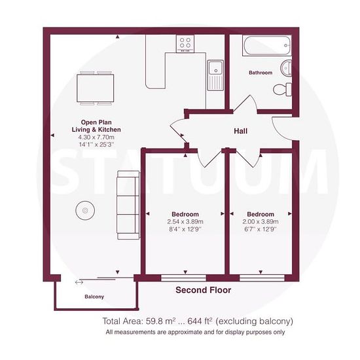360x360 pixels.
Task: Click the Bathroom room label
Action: (261, 73)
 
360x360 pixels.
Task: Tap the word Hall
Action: (241, 131)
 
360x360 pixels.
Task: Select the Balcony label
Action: (94, 297)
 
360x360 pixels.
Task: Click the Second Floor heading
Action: (203, 290)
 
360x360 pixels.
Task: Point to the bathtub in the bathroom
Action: (267, 45)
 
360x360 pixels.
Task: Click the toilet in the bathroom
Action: (282, 89)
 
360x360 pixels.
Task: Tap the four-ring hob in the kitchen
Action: (185, 44)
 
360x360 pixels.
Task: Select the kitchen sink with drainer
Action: (215, 75)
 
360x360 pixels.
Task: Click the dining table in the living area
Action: (96, 88)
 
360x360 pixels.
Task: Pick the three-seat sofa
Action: (128, 205)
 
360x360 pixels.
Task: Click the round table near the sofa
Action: (85, 210)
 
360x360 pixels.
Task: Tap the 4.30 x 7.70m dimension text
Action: (96, 137)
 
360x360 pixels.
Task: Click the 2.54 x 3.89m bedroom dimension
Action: (185, 222)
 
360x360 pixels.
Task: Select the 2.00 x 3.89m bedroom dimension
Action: (261, 222)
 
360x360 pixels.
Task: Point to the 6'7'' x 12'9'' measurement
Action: (261, 229)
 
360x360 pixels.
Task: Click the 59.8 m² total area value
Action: (161, 321)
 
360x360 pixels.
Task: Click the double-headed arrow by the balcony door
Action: (79, 282)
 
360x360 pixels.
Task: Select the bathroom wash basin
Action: (286, 68)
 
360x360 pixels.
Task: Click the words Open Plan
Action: (96, 122)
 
